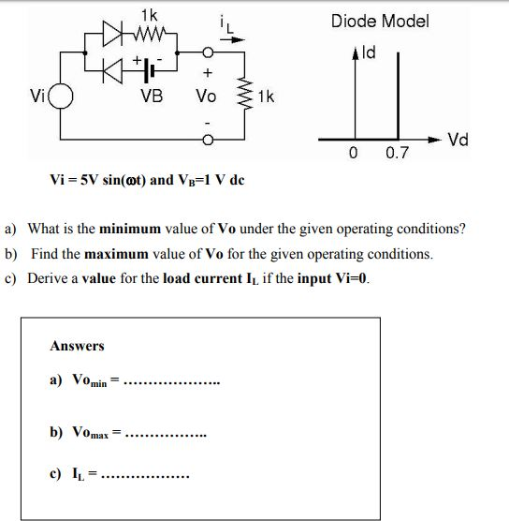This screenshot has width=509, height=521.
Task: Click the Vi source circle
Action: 62,97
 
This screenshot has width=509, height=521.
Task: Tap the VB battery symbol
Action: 150,71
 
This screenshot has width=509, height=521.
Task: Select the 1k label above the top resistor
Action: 149,15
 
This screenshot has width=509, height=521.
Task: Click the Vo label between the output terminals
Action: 206,96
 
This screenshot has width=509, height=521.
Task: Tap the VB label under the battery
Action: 150,96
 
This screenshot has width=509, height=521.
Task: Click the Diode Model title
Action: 379,21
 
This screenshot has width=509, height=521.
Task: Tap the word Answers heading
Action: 77,346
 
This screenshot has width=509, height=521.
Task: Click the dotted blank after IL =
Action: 145,476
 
